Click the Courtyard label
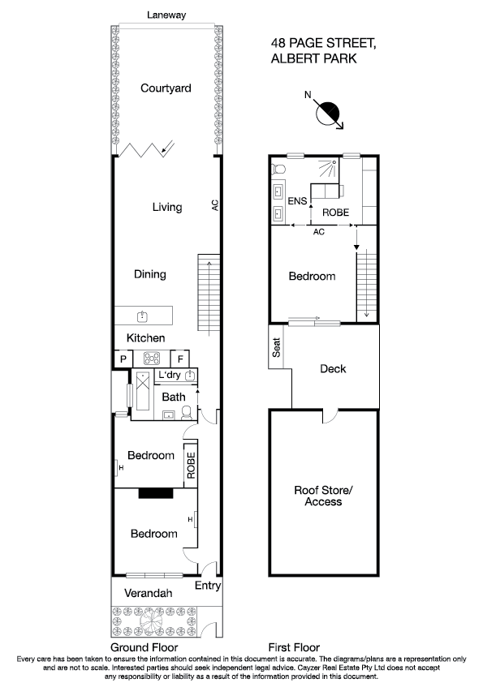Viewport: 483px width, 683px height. click(166, 88)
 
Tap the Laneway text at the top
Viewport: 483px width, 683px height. click(166, 15)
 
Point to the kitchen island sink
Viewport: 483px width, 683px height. click(142, 316)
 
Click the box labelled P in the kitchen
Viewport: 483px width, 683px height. click(123, 359)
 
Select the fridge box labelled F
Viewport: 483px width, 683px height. click(181, 359)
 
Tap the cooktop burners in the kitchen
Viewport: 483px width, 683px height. click(152, 359)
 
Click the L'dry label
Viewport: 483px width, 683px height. click(169, 375)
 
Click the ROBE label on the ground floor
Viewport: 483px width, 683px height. click(192, 465)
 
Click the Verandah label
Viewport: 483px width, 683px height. click(148, 594)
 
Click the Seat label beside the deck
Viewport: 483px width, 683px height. click(277, 348)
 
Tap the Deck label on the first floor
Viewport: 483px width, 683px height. click(333, 369)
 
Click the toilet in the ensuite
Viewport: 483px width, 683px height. click(278, 169)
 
